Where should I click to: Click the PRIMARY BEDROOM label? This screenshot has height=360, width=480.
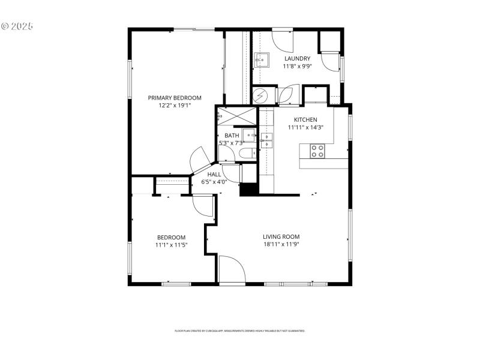pos(175,98)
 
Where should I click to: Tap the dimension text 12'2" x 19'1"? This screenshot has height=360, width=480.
pos(175,106)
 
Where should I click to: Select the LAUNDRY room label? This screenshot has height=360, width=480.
pos(297,58)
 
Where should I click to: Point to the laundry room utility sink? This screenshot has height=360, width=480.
pos(262,59)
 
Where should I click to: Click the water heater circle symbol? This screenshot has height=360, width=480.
pos(261,96)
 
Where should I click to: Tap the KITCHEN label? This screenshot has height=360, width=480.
pos(305,119)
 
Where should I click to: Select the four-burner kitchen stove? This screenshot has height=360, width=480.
pos(317,151)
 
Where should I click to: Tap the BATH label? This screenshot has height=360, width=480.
pos(232,136)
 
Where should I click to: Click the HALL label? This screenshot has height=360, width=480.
pos(214,174)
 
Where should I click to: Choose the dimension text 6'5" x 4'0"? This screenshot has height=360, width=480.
pos(214,181)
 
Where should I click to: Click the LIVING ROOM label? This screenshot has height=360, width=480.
pos(281,236)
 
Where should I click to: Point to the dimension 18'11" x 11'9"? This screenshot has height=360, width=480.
pos(281,244)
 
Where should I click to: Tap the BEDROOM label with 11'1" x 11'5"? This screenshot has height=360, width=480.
pos(171,237)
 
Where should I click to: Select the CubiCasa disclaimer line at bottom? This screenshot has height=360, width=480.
pos(240,331)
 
